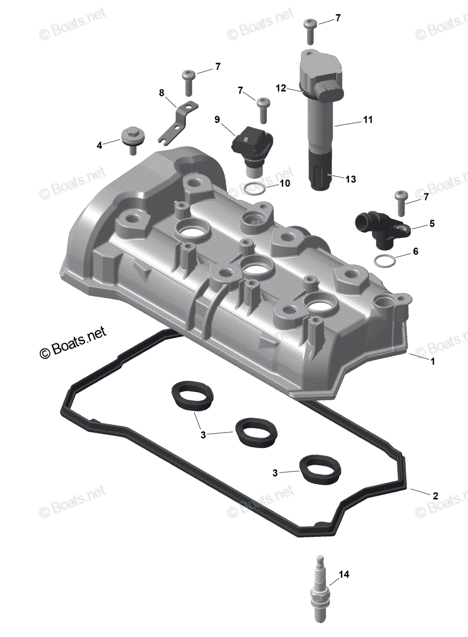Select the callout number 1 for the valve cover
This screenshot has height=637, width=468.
point(432,361)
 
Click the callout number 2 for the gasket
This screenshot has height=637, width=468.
point(435,496)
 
